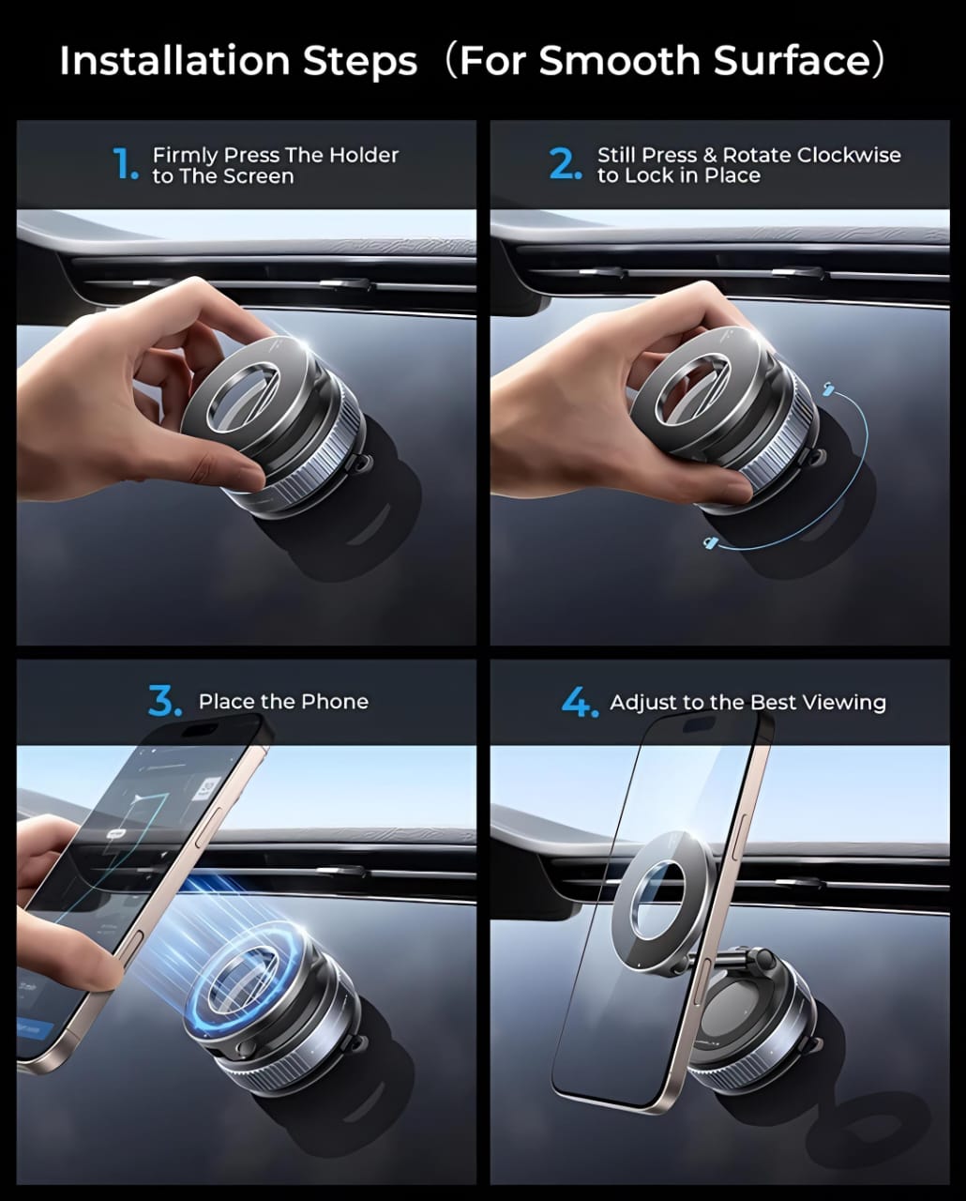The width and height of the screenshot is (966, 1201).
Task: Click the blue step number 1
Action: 124,164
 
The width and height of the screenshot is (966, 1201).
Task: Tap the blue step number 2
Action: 565,164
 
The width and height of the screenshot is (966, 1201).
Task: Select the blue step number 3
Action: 164,701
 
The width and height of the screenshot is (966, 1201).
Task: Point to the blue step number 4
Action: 579,702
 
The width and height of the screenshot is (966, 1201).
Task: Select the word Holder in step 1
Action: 364,155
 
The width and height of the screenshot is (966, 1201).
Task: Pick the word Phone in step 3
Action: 335,701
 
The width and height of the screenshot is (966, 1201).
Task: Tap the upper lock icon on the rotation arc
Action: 827,388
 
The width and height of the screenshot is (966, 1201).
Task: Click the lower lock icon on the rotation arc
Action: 710,542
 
